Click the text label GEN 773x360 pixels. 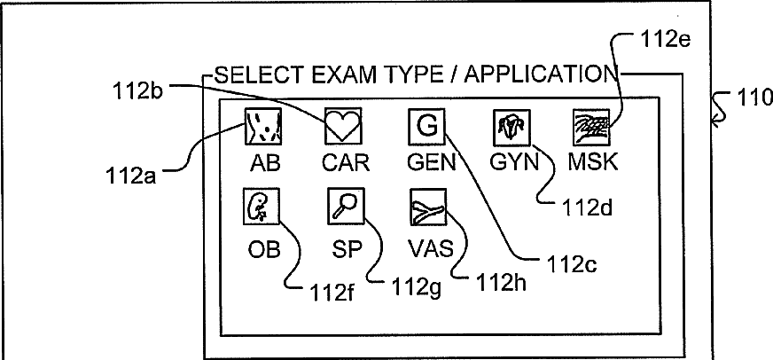431,163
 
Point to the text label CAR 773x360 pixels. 346,163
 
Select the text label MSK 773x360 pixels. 592,163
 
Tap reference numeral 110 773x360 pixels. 754,98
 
